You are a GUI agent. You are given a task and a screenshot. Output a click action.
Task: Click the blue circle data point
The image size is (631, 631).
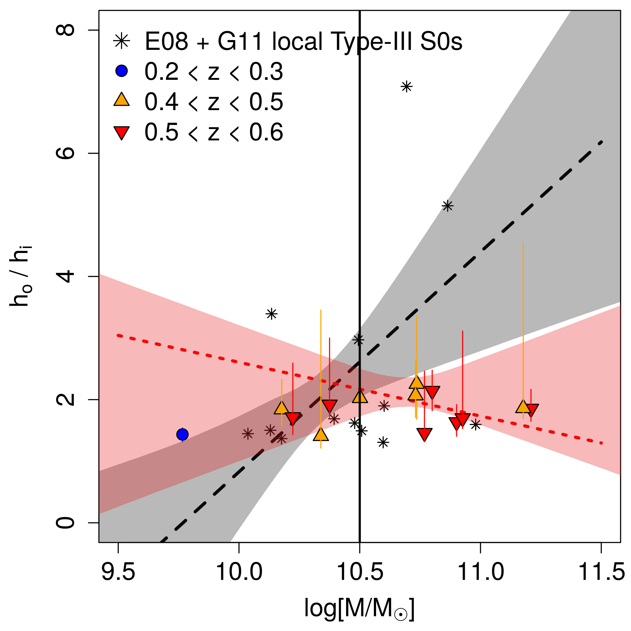tap(182, 434)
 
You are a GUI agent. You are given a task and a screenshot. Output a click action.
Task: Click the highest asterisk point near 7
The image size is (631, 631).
tap(407, 87)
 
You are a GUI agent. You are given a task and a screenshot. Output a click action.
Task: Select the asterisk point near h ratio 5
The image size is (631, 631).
tap(447, 206)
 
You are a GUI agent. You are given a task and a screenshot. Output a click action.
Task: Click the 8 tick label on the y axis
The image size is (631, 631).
tap(65, 30)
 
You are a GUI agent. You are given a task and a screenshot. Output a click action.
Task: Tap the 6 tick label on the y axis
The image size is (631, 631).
tap(65, 154)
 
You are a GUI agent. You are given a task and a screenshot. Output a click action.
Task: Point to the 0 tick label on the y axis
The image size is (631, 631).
tap(65, 523)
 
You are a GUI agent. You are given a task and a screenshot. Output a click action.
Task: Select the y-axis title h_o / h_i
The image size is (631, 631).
tap(21, 277)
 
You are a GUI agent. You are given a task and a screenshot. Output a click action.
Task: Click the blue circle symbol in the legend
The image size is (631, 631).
tap(121, 71)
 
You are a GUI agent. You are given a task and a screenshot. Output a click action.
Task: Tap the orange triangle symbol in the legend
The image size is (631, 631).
tap(121, 100)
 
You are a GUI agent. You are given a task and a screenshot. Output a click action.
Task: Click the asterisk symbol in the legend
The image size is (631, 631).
tap(121, 41)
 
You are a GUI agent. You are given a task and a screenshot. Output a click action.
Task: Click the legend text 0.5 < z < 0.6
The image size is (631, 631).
tap(214, 132)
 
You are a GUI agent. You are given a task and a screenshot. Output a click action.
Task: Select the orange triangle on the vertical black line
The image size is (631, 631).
tap(360, 397)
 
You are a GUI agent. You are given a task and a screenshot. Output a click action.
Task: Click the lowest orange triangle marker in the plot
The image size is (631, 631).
tap(321, 435)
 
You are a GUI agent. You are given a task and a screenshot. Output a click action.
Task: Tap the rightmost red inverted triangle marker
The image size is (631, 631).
tap(531, 410)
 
